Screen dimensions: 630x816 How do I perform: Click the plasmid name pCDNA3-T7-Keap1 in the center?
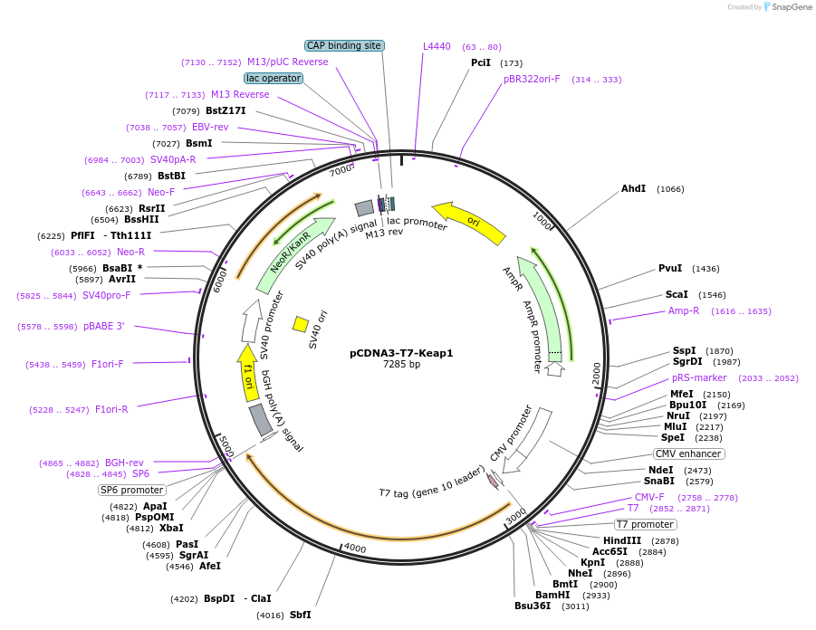pos(401,353)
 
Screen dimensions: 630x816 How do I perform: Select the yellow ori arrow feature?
pos(469,223)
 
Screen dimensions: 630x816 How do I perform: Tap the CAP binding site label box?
pos(344,45)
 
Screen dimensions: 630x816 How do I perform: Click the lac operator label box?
pos(274,79)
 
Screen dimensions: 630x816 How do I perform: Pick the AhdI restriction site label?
pos(633,189)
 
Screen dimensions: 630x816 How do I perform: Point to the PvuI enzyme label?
pos(670,269)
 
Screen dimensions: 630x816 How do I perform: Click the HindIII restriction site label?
pos(622,540)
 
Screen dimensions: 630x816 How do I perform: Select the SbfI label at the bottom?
pos(301,615)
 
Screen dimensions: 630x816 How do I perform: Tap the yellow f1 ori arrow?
pos(248,372)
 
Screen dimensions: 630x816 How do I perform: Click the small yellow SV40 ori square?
pos(301,323)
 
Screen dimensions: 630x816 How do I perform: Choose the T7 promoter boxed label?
pos(646,524)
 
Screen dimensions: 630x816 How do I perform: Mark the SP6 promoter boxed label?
pos(132,490)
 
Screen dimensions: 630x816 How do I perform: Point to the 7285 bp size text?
pos(401,365)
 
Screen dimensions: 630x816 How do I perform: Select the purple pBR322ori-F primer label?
pos(532,79)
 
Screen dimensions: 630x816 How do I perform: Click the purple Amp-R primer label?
pos(684,310)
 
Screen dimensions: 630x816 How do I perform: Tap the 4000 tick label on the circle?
pos(354,549)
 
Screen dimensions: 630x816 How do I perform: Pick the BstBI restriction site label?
pos(171,176)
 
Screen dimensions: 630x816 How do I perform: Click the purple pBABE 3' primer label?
pos(104,327)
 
